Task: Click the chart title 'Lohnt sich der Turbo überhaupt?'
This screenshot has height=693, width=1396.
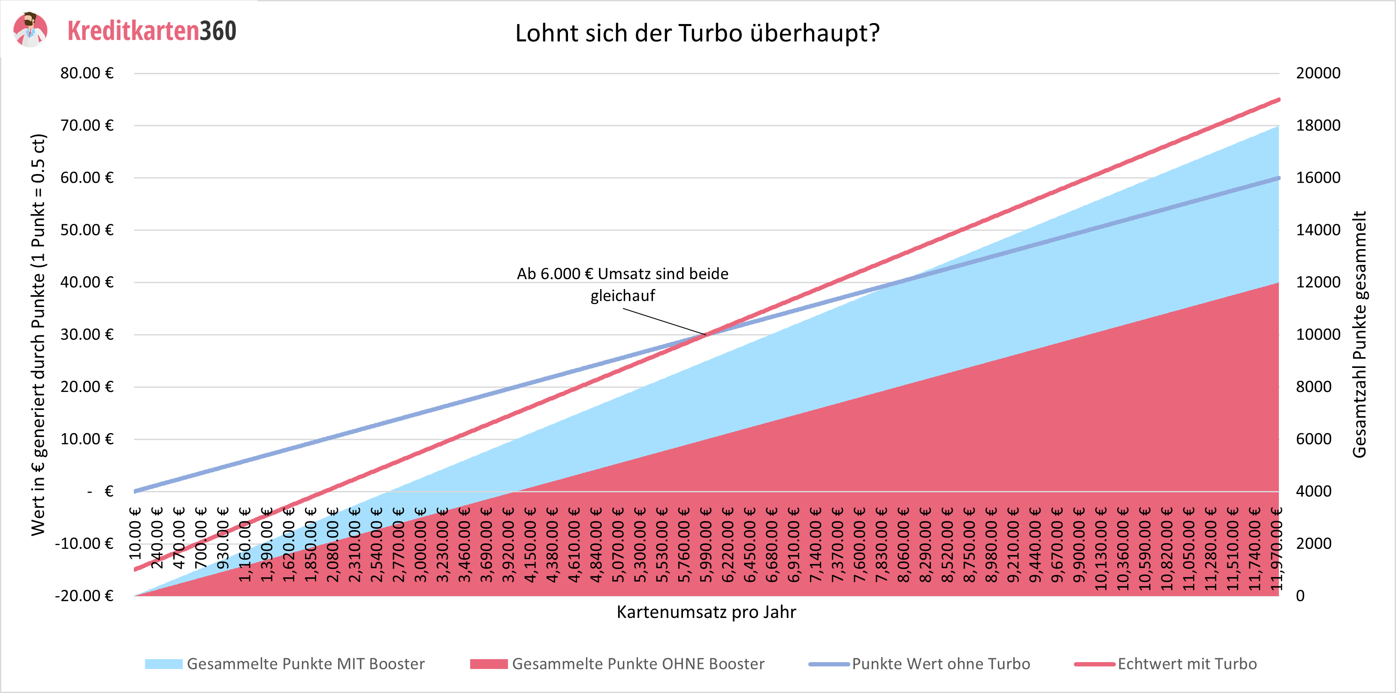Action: coord(697,33)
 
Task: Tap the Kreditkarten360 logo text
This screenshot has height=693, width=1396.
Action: coord(152,31)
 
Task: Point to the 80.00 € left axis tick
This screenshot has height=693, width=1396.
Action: coord(87,73)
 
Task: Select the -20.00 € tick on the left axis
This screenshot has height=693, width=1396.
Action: coord(84,596)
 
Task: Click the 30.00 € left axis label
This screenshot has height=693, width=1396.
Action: coord(87,335)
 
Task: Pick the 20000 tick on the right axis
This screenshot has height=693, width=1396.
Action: coord(1317,73)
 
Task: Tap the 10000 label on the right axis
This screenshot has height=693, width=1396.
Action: coord(1317,335)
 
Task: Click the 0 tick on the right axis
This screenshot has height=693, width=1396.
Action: coord(1300,596)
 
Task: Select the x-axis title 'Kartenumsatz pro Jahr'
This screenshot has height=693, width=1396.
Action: coord(706,612)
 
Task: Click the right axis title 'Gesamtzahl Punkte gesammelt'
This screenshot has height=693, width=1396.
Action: coord(1359,334)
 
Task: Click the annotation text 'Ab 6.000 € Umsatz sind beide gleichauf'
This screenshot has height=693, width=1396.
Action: coord(622,284)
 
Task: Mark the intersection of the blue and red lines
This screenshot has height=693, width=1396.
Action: coord(706,335)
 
